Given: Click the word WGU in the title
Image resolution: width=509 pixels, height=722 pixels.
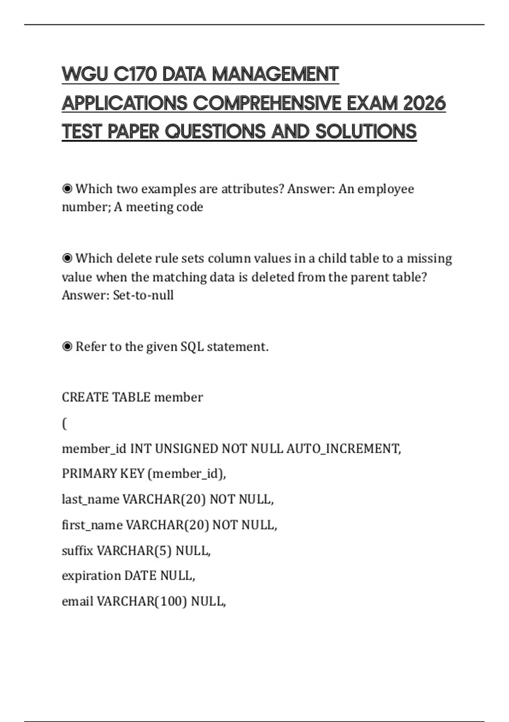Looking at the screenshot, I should coord(85,74).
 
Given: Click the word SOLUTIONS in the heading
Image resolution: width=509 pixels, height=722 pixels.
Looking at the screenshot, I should coord(366,132).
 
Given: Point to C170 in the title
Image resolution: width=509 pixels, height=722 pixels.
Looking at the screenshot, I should coord(135,74).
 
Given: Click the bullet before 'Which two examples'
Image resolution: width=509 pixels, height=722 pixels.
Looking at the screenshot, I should coord(67,189).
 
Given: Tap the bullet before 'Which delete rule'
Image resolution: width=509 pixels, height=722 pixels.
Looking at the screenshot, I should coord(67,258).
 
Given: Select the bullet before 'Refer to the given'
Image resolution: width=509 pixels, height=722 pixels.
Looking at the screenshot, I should coord(67,347).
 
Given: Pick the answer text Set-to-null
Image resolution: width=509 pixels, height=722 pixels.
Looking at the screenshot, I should coord(143,295).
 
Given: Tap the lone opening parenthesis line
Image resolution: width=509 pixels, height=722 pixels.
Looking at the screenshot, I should coord(64,423).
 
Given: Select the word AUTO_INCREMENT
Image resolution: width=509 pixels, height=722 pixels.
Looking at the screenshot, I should coord(343,448).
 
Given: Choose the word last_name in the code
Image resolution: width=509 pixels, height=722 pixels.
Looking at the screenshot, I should coord(90,499).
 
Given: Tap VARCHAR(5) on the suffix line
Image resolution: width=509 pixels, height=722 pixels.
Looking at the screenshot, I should coord(134,550).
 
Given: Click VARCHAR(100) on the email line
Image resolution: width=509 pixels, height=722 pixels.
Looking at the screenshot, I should coord(142,601).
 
